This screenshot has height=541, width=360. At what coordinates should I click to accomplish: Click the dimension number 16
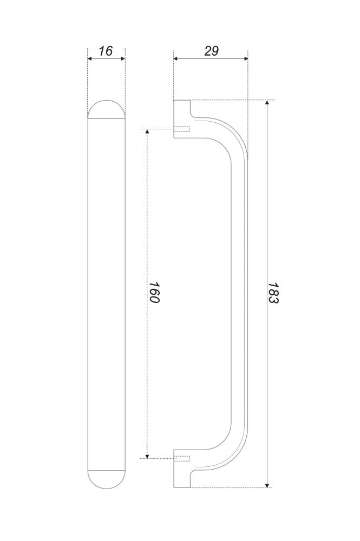pos(106,51)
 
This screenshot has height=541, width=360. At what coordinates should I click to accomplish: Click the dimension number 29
pos(211,51)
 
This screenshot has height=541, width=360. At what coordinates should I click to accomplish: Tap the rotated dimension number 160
pos(154,293)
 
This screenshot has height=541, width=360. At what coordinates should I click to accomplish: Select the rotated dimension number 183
pos(273,293)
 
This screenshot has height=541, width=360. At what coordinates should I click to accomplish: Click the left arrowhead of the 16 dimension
pos(90,58)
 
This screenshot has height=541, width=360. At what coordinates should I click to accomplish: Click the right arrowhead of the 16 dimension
pos(123,58)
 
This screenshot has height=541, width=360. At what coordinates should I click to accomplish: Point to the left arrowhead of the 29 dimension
pos(176,58)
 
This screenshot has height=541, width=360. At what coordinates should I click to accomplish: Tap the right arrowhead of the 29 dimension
pos(246,58)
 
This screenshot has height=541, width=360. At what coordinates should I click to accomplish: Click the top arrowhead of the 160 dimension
pos(147,131)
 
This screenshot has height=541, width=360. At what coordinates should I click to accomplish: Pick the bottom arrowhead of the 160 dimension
pos(147,456)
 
